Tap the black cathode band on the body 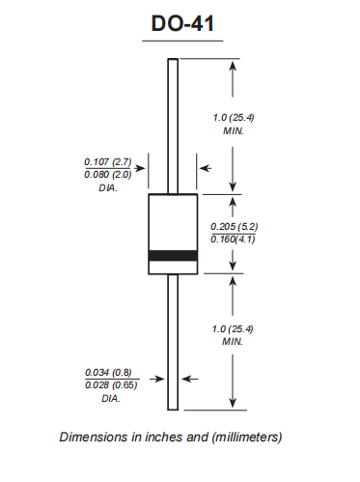click(x=173, y=256)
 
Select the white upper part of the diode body click(x=173, y=221)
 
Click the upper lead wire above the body click(x=173, y=126)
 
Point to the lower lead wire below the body click(x=173, y=338)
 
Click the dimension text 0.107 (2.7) click(x=105, y=161)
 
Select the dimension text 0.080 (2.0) click(x=105, y=174)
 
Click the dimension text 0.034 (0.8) click(x=104, y=373)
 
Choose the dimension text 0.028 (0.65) click(x=105, y=385)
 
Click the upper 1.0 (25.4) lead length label click(x=233, y=117)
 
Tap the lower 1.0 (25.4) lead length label click(x=233, y=329)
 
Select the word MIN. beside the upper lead click(x=233, y=129)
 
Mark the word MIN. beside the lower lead click(x=233, y=342)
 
